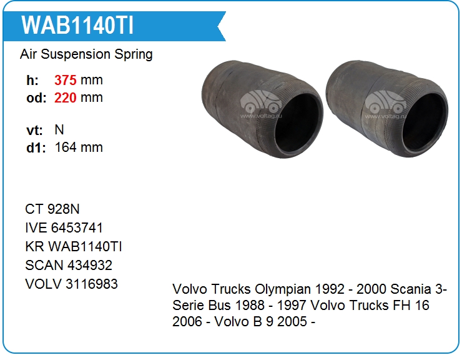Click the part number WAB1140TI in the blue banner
pyautogui.click(x=77, y=25)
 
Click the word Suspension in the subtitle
pyautogui.click(x=76, y=54)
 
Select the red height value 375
pyautogui.click(x=66, y=80)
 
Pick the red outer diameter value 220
pyautogui.click(x=66, y=97)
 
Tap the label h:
pyautogui.click(x=32, y=80)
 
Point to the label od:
pyautogui.click(x=36, y=98)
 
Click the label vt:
pyautogui.click(x=34, y=130)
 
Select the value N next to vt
pyautogui.click(x=59, y=129)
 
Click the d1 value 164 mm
pyautogui.click(x=79, y=147)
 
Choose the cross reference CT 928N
pyautogui.click(x=52, y=209)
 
